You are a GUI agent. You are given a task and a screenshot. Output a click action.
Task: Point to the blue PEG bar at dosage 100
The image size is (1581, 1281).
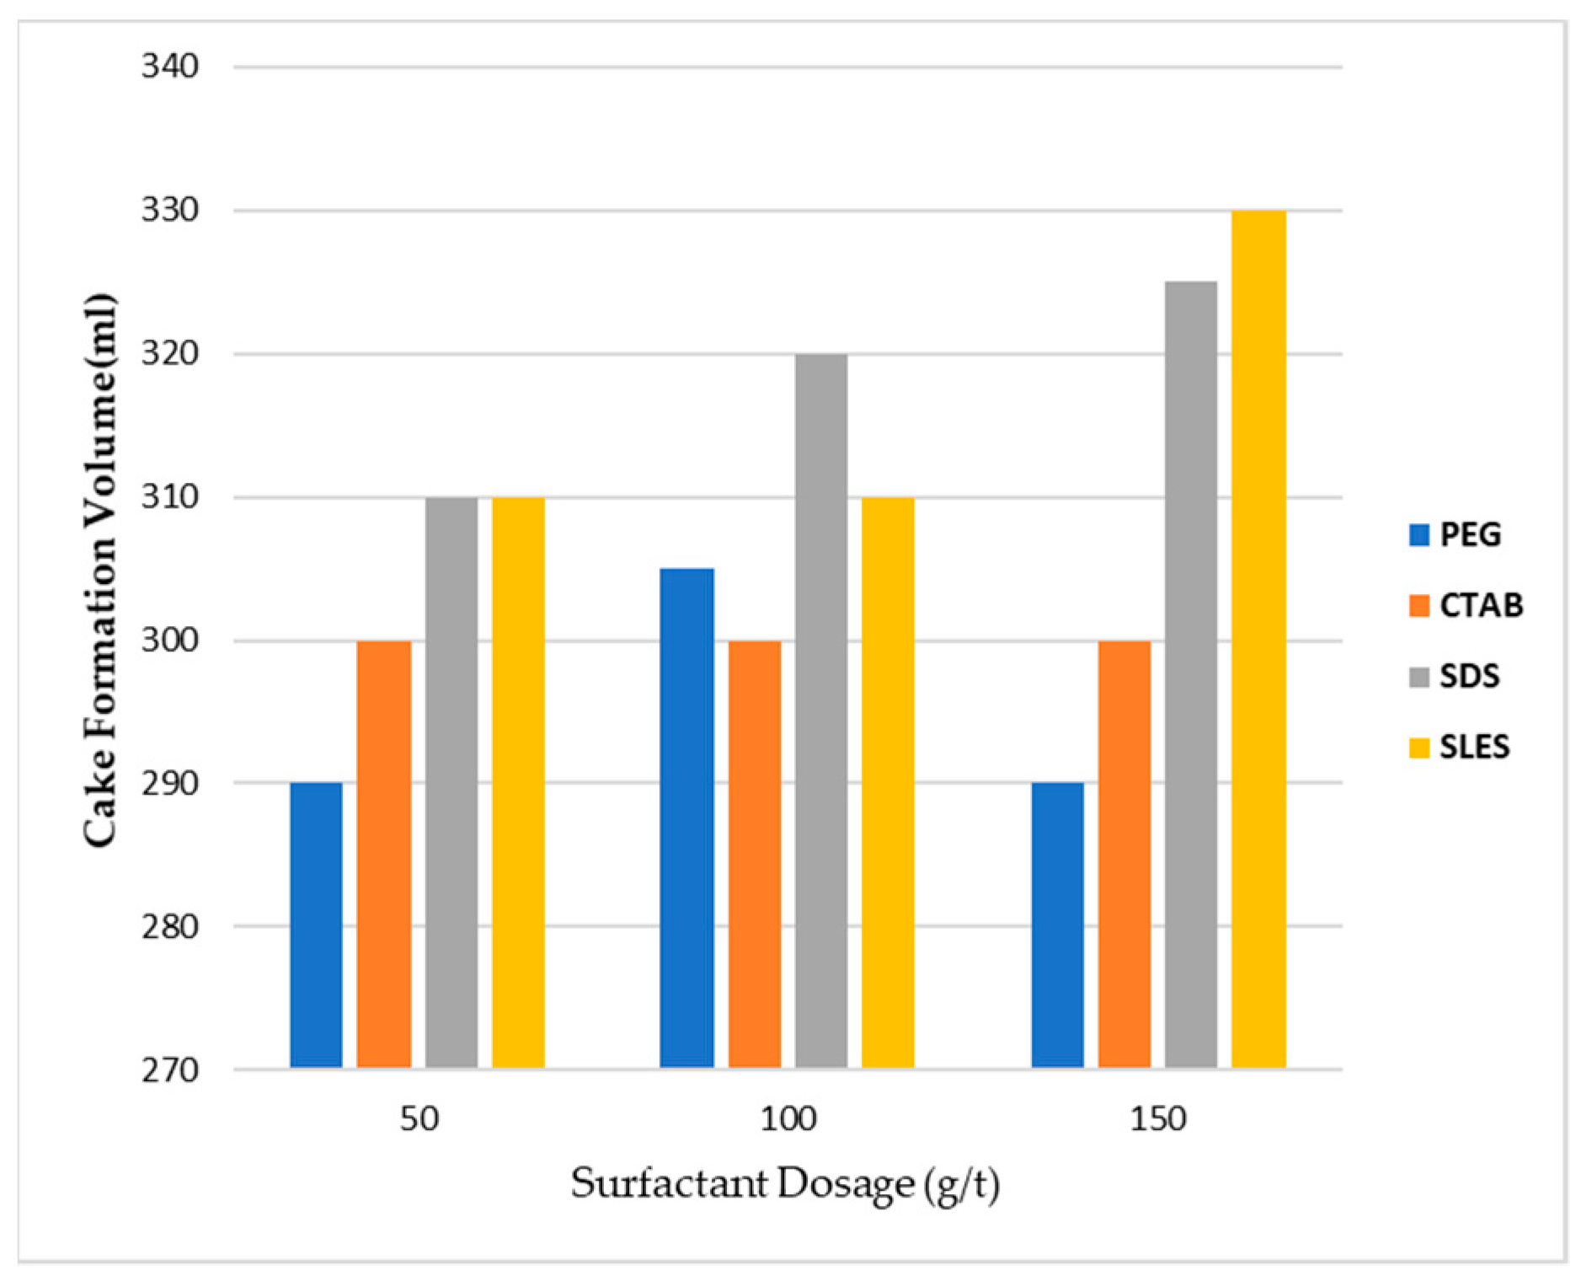[x=686, y=817]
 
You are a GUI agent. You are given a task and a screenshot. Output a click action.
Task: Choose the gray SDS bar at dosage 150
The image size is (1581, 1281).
[x=1191, y=674]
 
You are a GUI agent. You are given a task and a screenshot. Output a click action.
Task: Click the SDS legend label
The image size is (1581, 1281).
[x=1469, y=676]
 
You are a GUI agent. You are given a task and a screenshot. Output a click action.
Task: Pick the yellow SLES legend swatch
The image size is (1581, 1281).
[x=1418, y=748]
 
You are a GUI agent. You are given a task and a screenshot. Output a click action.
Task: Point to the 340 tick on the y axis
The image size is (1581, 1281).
[x=169, y=66]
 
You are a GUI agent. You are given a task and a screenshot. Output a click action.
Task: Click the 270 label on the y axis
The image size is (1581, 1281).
[x=169, y=1070]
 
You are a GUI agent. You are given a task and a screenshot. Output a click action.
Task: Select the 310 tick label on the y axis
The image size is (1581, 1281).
[x=169, y=496]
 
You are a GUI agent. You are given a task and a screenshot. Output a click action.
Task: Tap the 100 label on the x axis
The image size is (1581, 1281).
[x=788, y=1119]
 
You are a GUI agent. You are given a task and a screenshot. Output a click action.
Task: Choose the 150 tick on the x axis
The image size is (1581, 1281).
[x=1158, y=1119]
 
